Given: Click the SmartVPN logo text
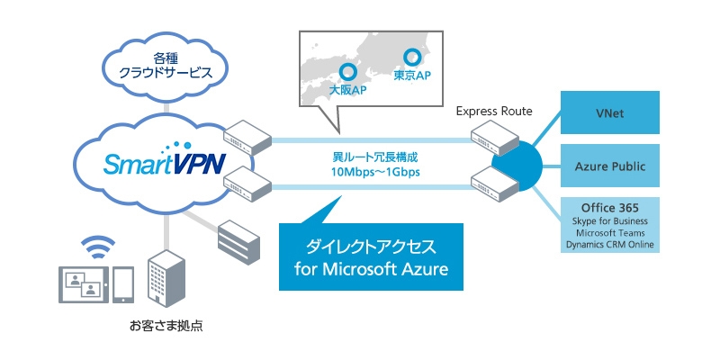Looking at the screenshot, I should point(152,165).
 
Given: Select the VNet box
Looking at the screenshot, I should point(610,113).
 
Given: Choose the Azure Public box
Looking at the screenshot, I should point(610,166).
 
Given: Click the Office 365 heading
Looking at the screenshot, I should point(610,207).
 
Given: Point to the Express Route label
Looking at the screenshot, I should point(493,112).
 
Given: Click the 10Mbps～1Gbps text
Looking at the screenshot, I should point(371,172).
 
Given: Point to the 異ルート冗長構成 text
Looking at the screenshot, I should point(371,157).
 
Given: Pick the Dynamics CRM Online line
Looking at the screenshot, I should point(610,244).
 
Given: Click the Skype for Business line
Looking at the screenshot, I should point(610,220).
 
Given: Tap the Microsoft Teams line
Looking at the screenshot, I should point(610,232).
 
